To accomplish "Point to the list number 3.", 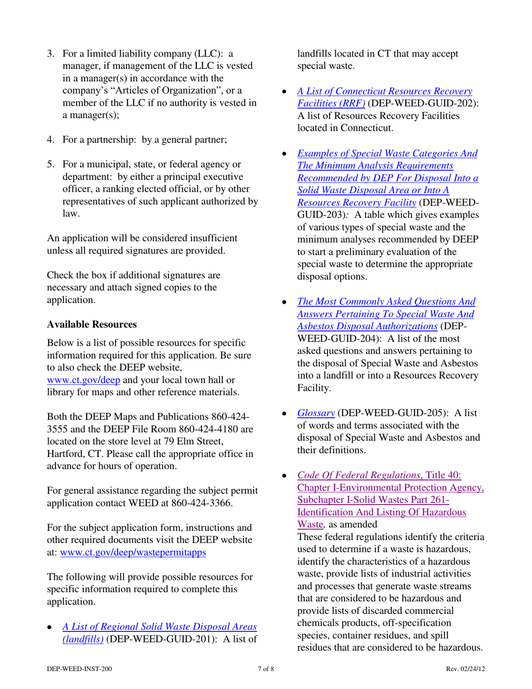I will tap(49, 54).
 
